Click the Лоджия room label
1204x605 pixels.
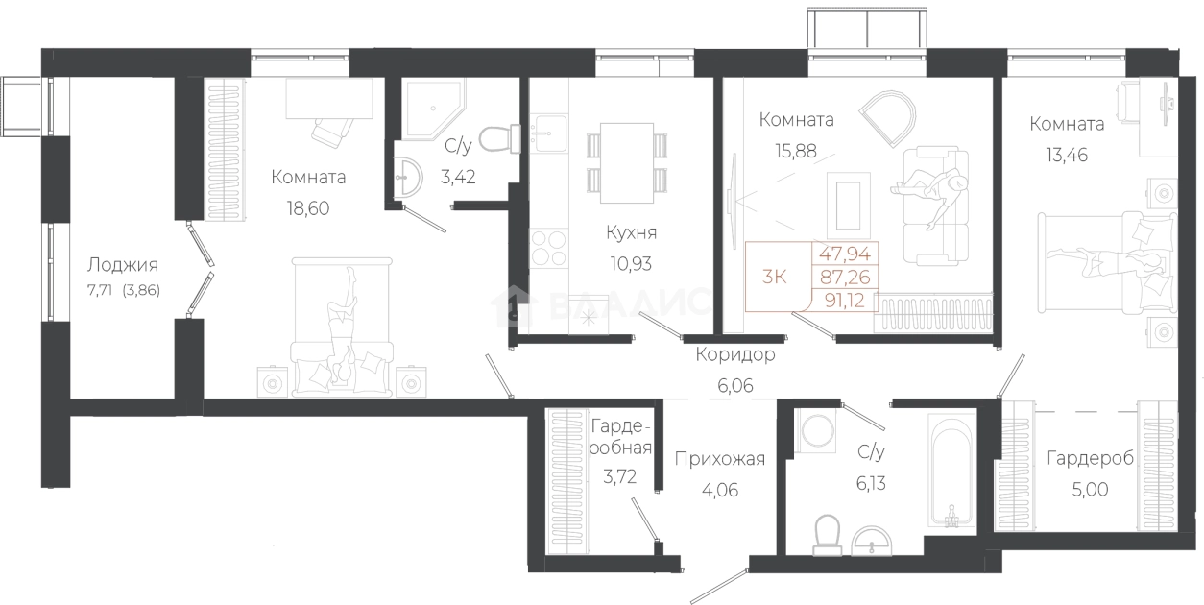(x=123, y=265)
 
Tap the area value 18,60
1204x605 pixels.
(x=308, y=208)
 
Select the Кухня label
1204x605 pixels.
(x=631, y=232)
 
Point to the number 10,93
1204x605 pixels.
(x=631, y=263)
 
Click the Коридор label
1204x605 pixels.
(x=735, y=354)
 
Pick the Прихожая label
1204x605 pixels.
(x=720, y=459)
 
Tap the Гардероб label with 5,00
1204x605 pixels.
(x=1090, y=458)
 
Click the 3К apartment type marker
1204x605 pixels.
(x=775, y=277)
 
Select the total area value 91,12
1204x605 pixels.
(x=844, y=300)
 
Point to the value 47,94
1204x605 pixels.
(x=845, y=254)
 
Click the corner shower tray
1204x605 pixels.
(x=433, y=109)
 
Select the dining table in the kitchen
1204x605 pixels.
(x=626, y=163)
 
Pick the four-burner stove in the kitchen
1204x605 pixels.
(x=549, y=248)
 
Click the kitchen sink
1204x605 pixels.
(x=549, y=133)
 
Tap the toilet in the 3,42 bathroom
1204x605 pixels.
(x=499, y=138)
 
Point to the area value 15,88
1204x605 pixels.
(x=796, y=151)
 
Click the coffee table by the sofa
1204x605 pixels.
(x=848, y=205)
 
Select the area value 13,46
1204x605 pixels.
(x=1067, y=155)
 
